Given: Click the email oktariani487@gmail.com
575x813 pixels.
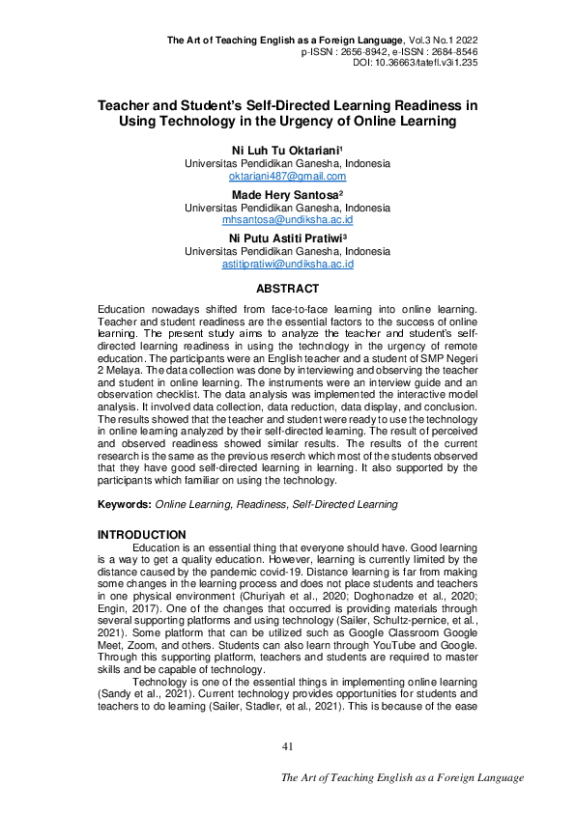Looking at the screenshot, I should [287, 177].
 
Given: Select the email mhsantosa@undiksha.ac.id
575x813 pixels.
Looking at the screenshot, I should [287, 220].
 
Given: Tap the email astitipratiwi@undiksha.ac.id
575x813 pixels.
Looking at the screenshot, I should [287, 264].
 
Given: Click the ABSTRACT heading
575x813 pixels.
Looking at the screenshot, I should [287, 289].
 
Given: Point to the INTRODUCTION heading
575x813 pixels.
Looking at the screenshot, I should [142, 534].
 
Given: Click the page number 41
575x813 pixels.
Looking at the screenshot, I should [287, 745].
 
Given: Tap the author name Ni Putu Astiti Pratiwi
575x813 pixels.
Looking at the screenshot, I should [286, 238].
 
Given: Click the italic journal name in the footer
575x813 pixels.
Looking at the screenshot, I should [402, 777].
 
